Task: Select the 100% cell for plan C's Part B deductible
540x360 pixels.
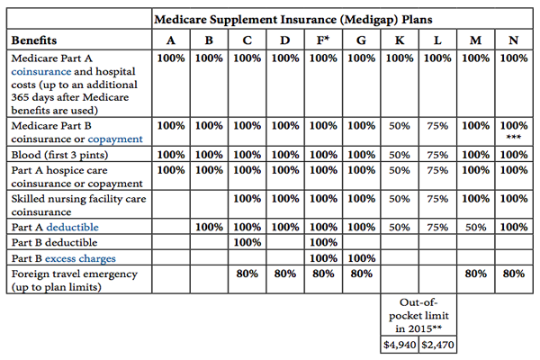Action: [247, 242]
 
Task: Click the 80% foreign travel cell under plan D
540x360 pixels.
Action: [285, 273]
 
